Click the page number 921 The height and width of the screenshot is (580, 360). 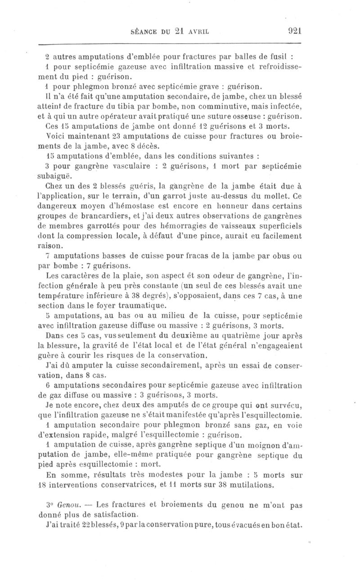pos(292,31)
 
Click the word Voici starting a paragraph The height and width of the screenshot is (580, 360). pos(57,136)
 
